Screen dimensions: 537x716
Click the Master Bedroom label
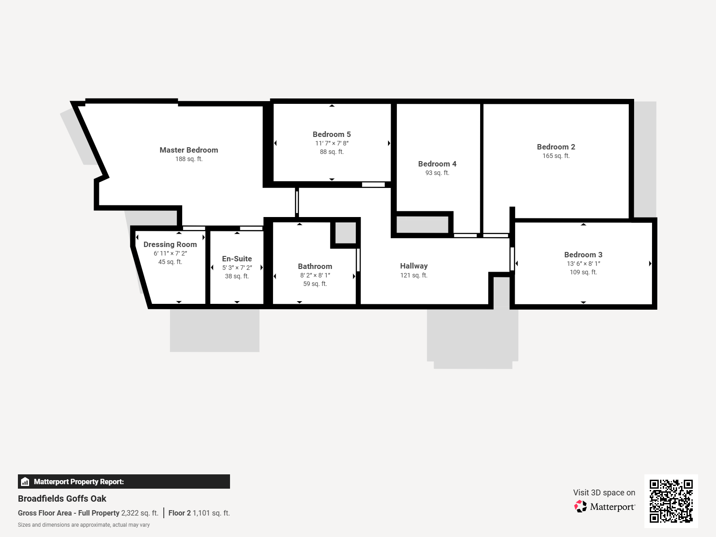point(189,150)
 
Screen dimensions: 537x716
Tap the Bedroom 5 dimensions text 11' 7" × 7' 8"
point(332,143)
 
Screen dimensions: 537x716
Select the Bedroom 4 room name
point(437,164)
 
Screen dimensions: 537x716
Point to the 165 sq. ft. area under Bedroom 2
point(556,156)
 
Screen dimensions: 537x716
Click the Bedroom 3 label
point(583,255)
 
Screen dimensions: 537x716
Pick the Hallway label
point(413,266)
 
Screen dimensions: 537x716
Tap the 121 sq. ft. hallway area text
point(413,275)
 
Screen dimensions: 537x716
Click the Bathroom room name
point(315,266)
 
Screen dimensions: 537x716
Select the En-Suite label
point(237,259)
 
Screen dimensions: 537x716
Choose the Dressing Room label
point(170,244)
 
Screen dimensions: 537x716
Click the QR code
point(671,501)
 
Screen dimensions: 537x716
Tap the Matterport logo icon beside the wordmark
point(580,507)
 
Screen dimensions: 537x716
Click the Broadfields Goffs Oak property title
point(62,499)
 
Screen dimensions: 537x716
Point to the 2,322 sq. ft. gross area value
point(140,513)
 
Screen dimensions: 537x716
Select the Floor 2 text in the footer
point(179,513)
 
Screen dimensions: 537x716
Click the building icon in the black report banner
point(26,482)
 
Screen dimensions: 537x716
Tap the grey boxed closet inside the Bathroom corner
point(345,233)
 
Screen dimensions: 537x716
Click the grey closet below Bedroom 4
point(422,225)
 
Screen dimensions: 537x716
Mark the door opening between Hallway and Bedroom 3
point(512,259)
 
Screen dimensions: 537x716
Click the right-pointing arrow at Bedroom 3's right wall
point(650,264)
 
